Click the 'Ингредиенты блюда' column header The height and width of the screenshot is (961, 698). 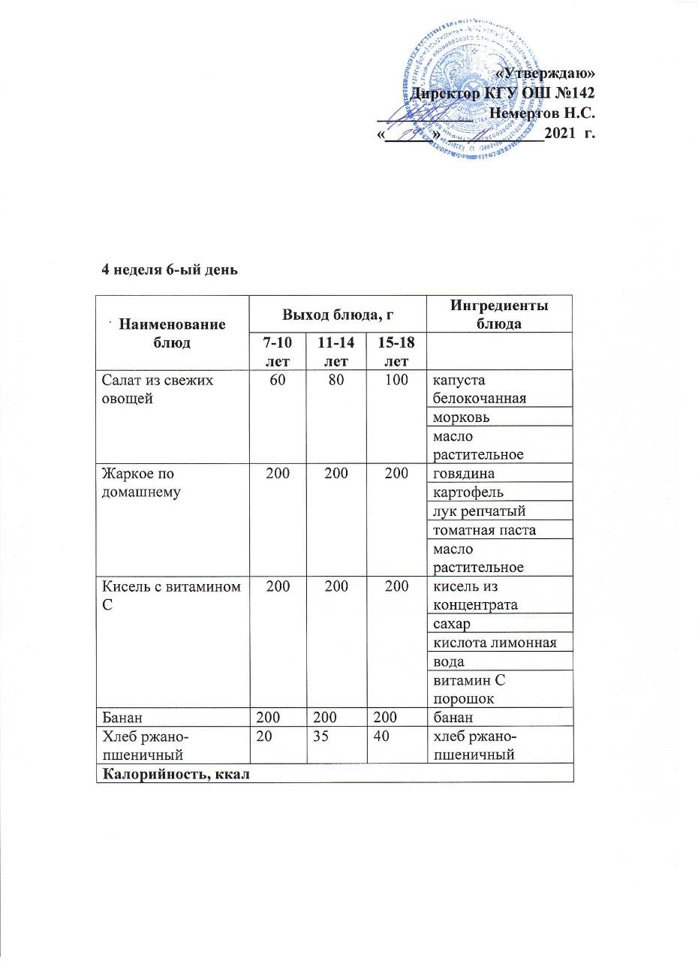click(499, 312)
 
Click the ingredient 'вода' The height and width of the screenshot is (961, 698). click(449, 661)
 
